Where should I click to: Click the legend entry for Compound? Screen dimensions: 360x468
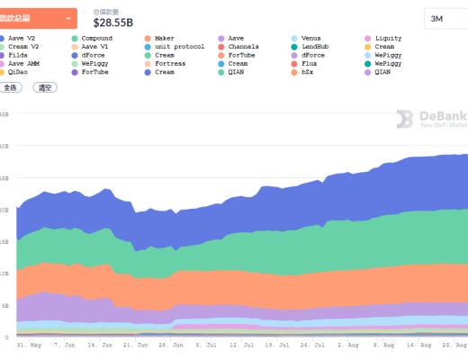click(96, 38)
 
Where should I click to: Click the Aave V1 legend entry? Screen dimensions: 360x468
click(94, 47)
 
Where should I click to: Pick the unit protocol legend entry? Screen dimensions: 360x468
click(179, 47)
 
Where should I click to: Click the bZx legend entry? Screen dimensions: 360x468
click(310, 73)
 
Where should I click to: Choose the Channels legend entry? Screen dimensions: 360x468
click(243, 47)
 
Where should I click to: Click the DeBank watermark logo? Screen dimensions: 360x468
click(430, 119)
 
